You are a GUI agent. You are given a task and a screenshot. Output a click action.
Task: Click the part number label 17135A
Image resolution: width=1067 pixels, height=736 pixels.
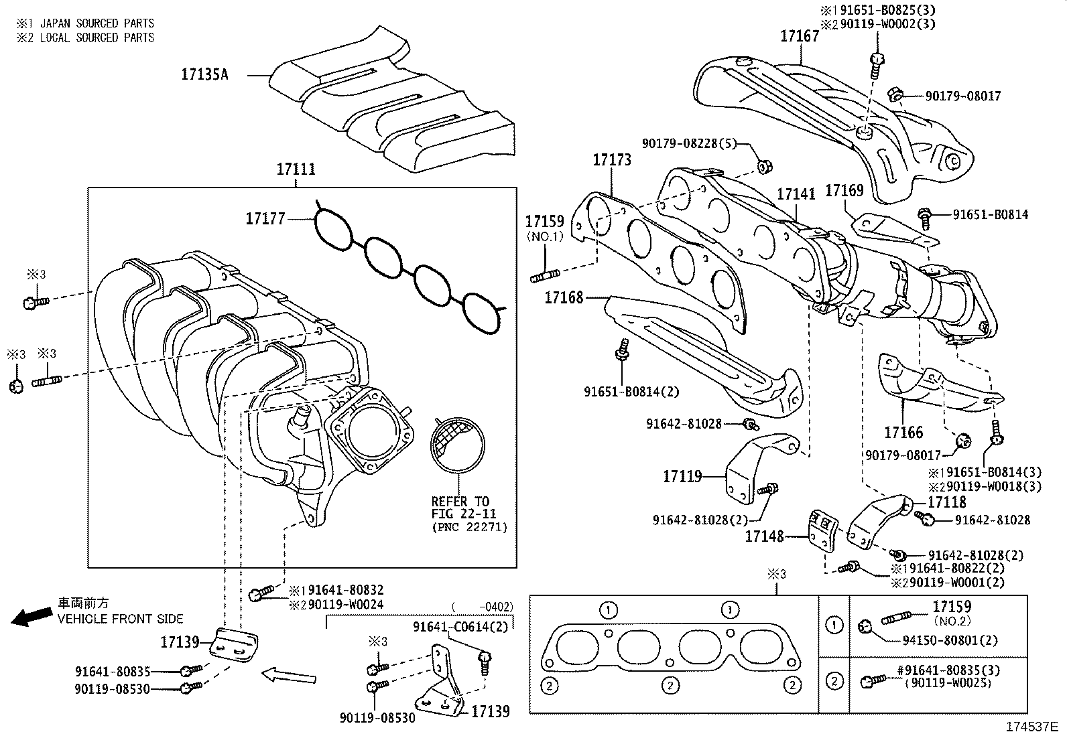[204, 74]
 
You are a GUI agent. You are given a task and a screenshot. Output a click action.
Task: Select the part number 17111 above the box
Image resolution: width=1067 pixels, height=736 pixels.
[296, 170]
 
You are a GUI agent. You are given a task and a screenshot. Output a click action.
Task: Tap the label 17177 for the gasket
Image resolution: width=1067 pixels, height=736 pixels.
[265, 218]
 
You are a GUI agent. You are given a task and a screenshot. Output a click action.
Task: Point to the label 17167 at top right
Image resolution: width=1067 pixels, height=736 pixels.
[800, 36]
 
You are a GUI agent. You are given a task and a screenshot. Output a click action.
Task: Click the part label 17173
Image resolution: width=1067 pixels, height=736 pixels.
[612, 160]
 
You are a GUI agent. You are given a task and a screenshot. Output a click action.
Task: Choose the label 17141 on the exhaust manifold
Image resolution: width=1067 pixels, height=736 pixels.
[796, 194]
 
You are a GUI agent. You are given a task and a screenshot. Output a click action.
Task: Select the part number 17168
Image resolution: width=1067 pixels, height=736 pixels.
[564, 297]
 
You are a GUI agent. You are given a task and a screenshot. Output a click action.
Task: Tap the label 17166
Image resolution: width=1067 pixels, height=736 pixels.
[903, 433]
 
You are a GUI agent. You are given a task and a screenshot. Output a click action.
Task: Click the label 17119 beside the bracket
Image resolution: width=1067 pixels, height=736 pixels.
[682, 476]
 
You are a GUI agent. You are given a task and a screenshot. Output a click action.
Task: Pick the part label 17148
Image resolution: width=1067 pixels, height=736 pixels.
[765, 536]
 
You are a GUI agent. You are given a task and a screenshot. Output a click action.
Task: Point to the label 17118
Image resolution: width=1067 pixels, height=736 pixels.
[947, 502]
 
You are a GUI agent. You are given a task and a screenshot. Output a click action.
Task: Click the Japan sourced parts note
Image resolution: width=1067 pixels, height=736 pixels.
[85, 23]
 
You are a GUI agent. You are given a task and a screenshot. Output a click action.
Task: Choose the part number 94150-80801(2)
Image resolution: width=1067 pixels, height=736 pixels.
[949, 640]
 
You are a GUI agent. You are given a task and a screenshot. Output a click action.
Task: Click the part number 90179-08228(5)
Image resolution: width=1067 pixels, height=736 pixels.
[689, 143]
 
